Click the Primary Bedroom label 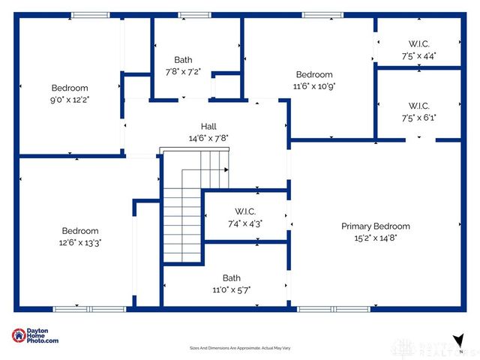[x=376, y=226]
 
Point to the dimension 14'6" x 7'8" [x=208, y=138]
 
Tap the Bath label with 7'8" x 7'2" [x=183, y=60]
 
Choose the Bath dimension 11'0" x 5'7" [x=231, y=289]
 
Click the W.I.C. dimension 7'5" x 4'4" [x=418, y=55]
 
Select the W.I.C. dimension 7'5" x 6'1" [x=418, y=117]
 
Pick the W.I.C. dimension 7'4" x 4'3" [x=244, y=223]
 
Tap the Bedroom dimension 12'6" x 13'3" [x=80, y=242]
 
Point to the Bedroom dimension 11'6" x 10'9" [x=314, y=85]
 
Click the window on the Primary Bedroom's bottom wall [x=334, y=308]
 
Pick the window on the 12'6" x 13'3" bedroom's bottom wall [x=90, y=308]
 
